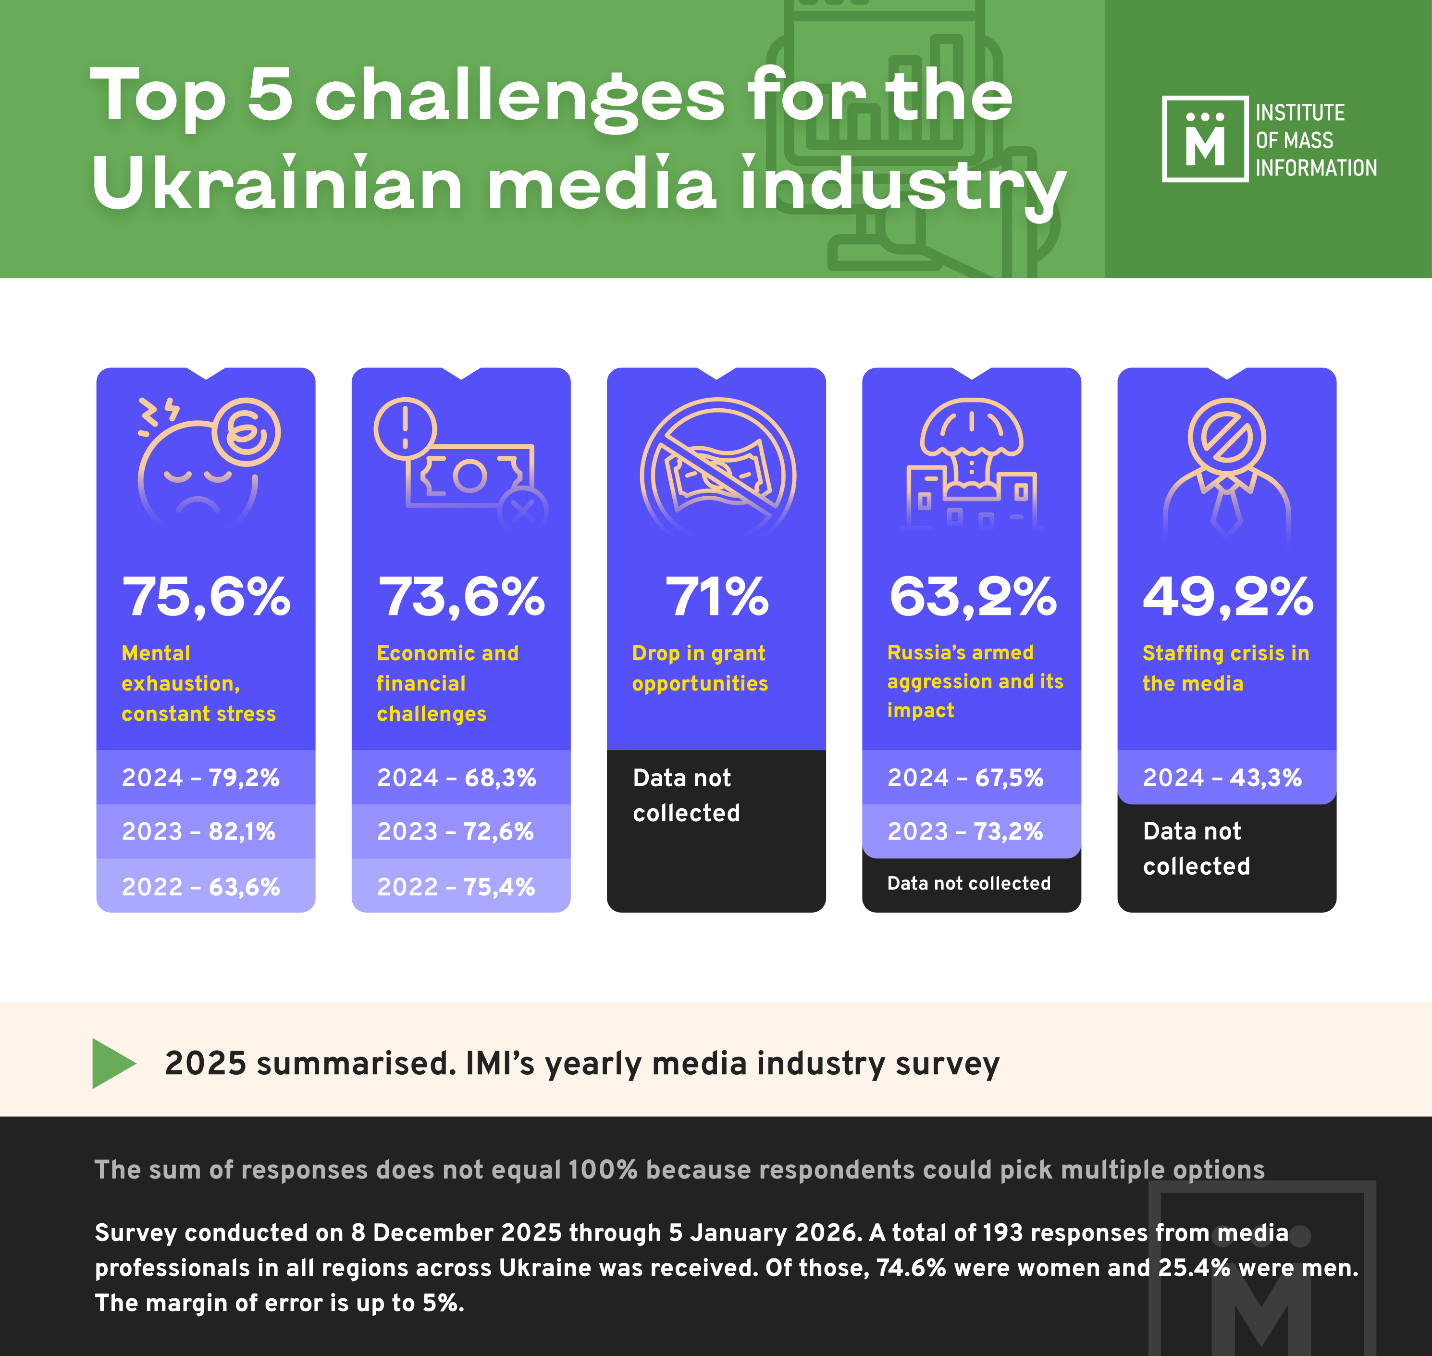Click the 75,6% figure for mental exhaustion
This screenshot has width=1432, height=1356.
coord(207,597)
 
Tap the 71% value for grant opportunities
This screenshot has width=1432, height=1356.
coord(717,597)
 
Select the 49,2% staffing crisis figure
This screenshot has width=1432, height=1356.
coord(1227,597)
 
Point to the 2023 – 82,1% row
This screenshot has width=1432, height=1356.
coord(198,831)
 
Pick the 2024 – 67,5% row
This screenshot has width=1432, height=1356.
coord(965,778)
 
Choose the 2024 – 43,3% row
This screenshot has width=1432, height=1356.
coord(1222,778)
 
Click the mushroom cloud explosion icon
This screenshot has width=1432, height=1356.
coord(972,463)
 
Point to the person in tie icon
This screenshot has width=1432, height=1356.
coord(1227,470)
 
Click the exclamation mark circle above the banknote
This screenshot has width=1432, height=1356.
coord(405,428)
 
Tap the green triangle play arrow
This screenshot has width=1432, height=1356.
coord(113,1063)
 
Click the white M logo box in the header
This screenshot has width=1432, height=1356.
coord(1204,139)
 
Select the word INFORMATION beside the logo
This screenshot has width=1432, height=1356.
coord(1316,168)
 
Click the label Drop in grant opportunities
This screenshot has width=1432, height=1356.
coord(699,668)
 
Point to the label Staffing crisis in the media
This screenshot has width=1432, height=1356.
coord(1225,668)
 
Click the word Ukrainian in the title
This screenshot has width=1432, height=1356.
coord(277,184)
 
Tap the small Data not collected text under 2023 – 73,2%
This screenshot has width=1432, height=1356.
coord(969,883)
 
